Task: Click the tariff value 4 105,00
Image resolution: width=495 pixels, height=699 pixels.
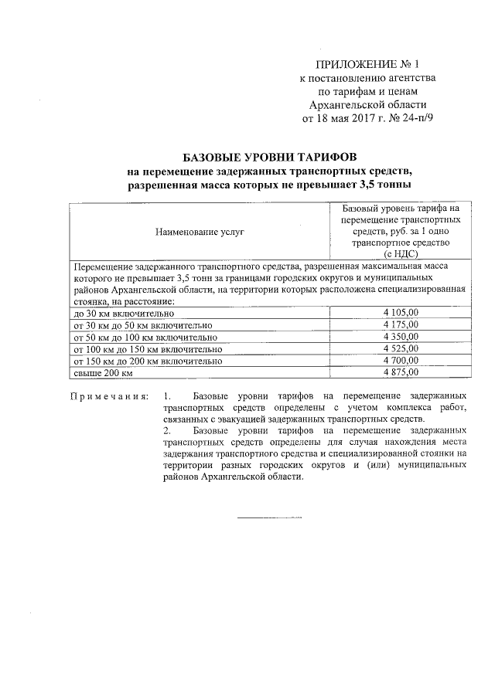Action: point(400,313)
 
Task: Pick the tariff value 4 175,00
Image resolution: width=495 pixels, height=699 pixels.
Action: point(400,324)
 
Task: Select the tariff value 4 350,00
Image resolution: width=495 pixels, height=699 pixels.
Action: point(400,337)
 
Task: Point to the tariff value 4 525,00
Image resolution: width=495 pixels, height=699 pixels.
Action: point(400,349)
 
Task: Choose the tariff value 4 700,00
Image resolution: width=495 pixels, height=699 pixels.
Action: point(400,361)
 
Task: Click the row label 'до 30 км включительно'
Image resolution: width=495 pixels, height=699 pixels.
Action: point(124,314)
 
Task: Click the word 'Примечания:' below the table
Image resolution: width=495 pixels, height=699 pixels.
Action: point(109,396)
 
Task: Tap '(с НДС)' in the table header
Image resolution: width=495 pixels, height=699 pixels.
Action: point(400,253)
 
